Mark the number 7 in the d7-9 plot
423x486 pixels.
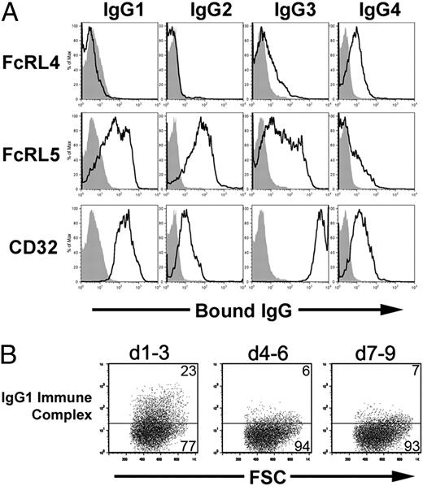click(403, 370)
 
